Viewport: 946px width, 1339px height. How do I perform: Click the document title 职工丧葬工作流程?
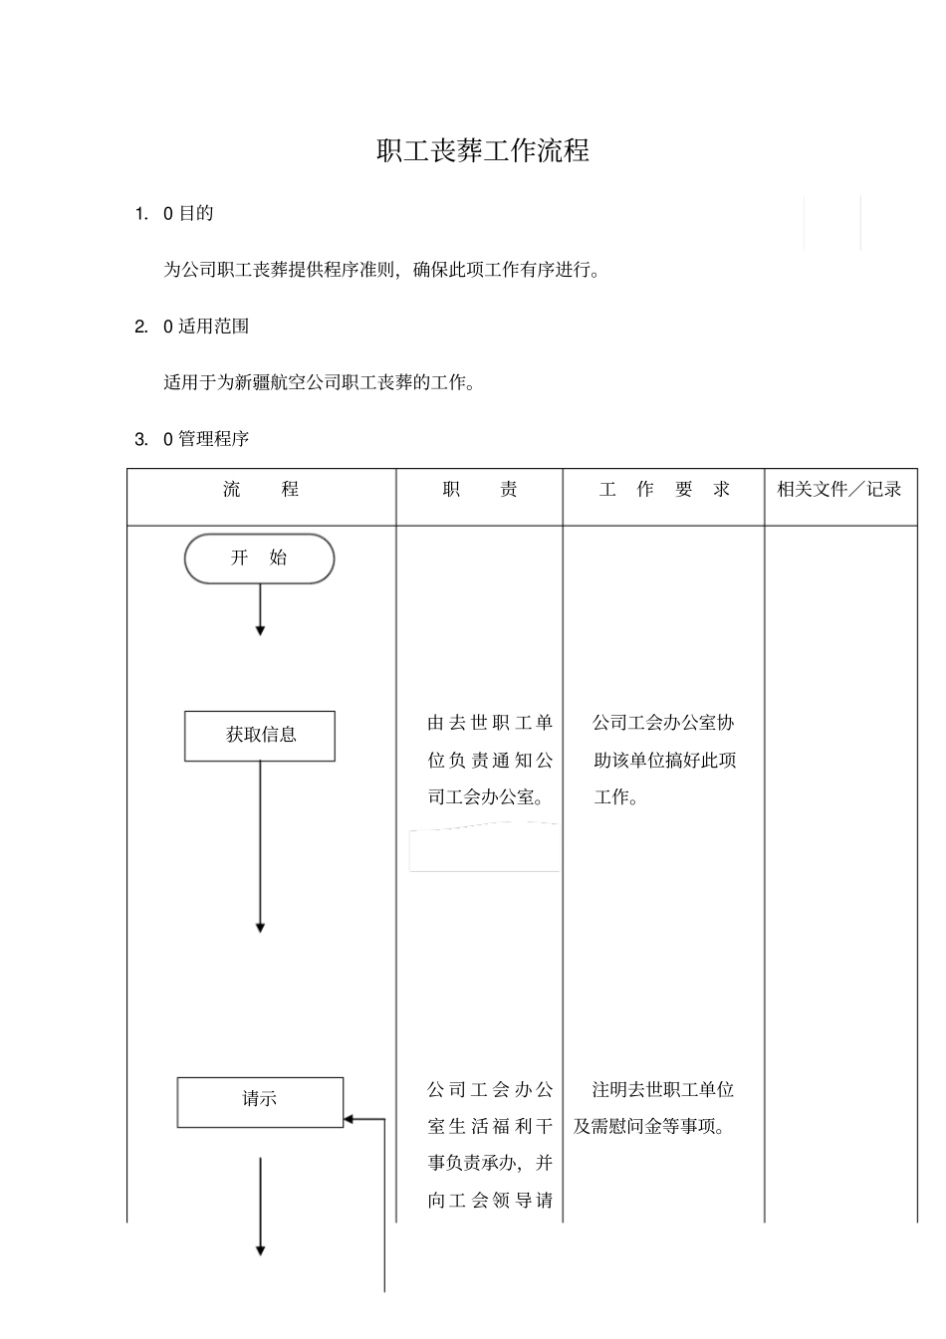483,151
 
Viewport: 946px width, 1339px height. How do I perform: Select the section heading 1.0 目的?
174,213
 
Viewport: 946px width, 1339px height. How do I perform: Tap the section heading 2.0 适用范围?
192,327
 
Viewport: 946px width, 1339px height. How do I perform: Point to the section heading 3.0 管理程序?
192,439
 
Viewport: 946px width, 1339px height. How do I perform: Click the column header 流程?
261,490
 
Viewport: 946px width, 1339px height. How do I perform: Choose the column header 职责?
480,490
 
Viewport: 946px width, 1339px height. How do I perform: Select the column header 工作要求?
664,490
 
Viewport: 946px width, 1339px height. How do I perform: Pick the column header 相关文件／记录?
839,489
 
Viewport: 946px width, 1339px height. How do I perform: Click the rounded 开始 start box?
259,558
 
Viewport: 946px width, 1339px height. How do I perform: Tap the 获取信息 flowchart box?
260,736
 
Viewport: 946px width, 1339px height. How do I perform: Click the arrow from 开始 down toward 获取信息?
261,608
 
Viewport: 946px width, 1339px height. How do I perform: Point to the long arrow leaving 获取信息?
261,846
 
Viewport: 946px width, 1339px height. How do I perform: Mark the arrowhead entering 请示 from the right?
350,1119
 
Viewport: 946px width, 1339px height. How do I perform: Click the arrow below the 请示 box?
261,1206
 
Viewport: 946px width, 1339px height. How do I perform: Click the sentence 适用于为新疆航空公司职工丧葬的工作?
320,382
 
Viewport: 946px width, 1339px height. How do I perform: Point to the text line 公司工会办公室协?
663,723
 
